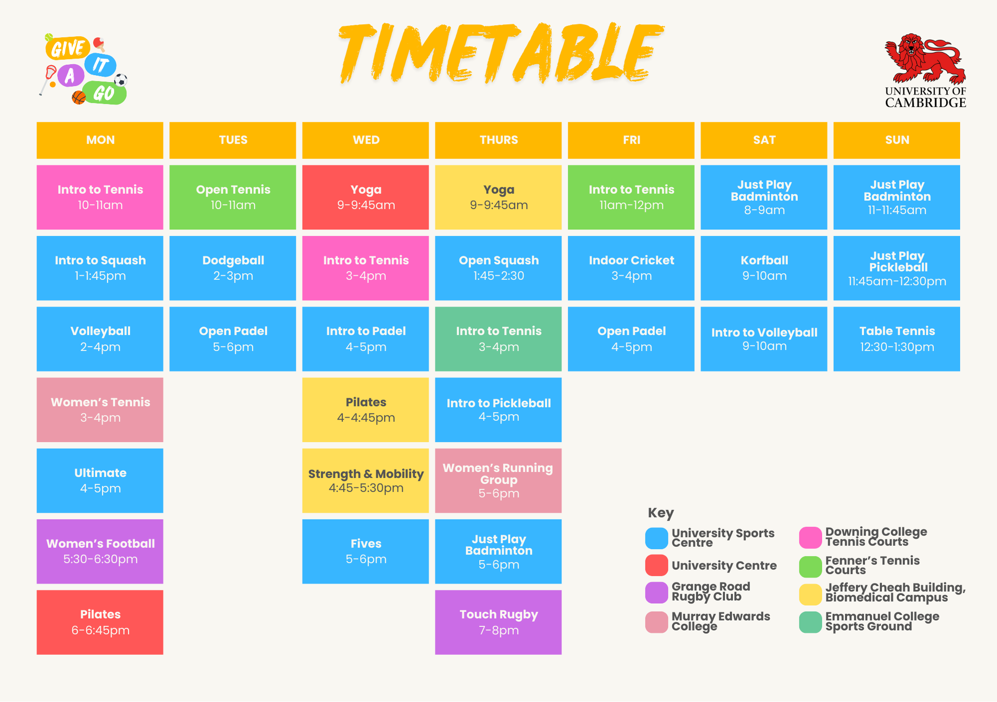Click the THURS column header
(498, 140)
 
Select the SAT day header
(764, 140)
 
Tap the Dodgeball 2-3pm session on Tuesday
(233, 268)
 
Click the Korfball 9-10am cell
(764, 268)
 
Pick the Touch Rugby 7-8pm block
(498, 622)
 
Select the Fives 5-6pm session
(365, 551)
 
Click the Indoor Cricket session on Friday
(631, 268)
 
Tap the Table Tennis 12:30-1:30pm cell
(896, 339)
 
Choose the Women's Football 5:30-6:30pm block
(100, 551)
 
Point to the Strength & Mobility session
(365, 480)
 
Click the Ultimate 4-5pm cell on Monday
(100, 480)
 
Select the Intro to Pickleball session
(498, 410)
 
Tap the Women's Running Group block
(498, 480)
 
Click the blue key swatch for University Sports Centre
(657, 538)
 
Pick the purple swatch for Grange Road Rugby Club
(657, 592)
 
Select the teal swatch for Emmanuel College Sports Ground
(810, 622)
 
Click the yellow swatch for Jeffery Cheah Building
(810, 594)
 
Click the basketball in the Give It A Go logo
(78, 97)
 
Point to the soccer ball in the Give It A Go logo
(121, 80)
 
